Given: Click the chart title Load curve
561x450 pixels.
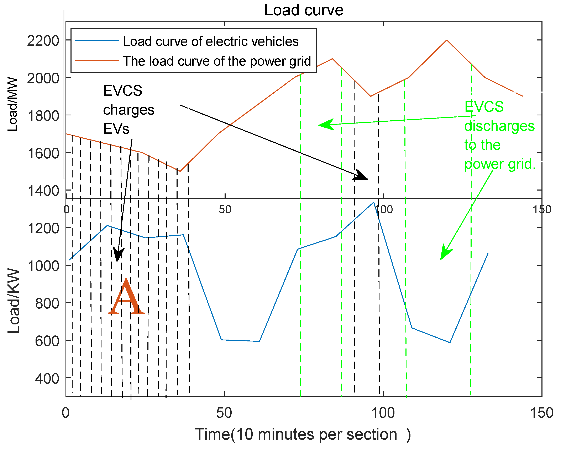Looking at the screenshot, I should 303,10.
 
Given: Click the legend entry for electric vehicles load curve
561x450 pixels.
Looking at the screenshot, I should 210,42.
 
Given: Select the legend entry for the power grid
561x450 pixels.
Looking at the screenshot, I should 217,61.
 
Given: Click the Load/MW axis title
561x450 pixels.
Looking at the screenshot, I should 12,104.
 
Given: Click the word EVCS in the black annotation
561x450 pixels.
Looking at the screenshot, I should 122,91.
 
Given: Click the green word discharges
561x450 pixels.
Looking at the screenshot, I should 499,126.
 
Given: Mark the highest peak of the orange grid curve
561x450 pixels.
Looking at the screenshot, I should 446,40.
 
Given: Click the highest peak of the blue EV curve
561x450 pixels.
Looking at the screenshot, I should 374,202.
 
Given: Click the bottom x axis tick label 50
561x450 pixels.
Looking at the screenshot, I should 224,413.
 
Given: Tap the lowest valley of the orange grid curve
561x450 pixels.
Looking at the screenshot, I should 180,171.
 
